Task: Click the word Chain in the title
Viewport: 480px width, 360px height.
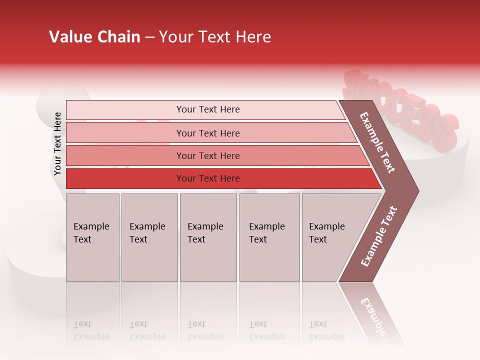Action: [x=118, y=37]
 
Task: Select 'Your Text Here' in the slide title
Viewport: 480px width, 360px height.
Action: [x=215, y=37]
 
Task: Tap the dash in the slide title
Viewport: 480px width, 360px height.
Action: [x=149, y=37]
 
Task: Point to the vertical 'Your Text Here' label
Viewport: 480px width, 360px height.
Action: [x=57, y=143]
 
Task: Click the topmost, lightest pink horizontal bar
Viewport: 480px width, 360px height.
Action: [x=207, y=109]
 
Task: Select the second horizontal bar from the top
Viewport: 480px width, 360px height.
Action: [x=207, y=133]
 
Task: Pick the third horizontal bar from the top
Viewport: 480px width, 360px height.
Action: [x=207, y=155]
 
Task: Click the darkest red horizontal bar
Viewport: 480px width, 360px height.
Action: [x=207, y=178]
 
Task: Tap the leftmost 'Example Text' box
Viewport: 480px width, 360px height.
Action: [x=92, y=237]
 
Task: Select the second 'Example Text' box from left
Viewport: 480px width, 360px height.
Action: [x=149, y=237]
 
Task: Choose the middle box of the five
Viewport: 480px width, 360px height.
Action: [x=208, y=237]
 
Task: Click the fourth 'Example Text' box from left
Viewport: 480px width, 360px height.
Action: [x=269, y=237]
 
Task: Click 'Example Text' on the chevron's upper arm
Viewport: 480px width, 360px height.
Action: [x=377, y=142]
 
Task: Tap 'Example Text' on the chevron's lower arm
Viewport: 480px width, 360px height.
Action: [x=379, y=236]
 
